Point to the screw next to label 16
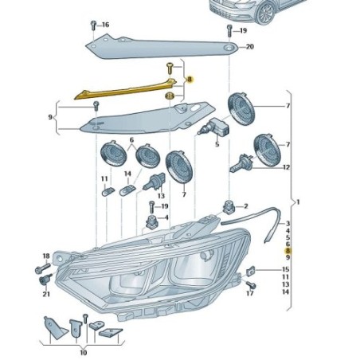[93, 24]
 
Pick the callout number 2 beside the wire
[246, 206]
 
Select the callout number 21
[45, 294]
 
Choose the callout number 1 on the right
[297, 201]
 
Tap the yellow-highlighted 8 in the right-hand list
[287, 251]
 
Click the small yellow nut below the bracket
[170, 96]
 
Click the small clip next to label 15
[251, 271]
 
